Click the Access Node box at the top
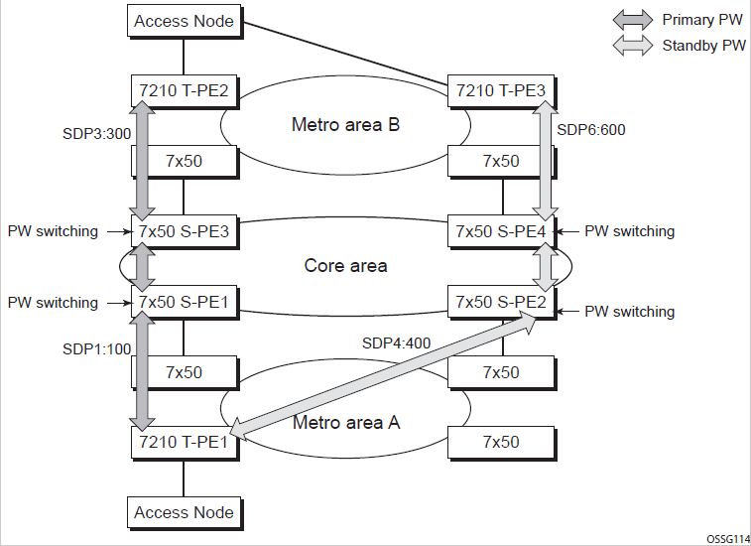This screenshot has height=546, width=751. [184, 21]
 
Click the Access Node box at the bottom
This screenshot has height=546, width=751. [184, 512]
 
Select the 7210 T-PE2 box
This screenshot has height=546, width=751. [184, 91]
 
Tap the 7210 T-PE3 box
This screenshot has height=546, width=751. [501, 91]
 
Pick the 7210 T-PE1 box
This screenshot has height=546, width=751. [184, 442]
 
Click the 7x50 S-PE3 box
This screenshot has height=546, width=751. [185, 232]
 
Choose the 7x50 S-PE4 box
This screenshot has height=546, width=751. [500, 232]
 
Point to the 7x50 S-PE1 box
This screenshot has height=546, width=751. [185, 303]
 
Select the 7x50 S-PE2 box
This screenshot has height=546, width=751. [500, 303]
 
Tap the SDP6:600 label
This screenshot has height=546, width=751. [591, 130]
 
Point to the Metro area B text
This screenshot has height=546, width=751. [344, 125]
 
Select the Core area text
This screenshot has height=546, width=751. [345, 266]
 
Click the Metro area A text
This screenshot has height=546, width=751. [346, 423]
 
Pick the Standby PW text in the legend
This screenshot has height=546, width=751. [703, 46]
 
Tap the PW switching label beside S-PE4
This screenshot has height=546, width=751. [629, 231]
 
